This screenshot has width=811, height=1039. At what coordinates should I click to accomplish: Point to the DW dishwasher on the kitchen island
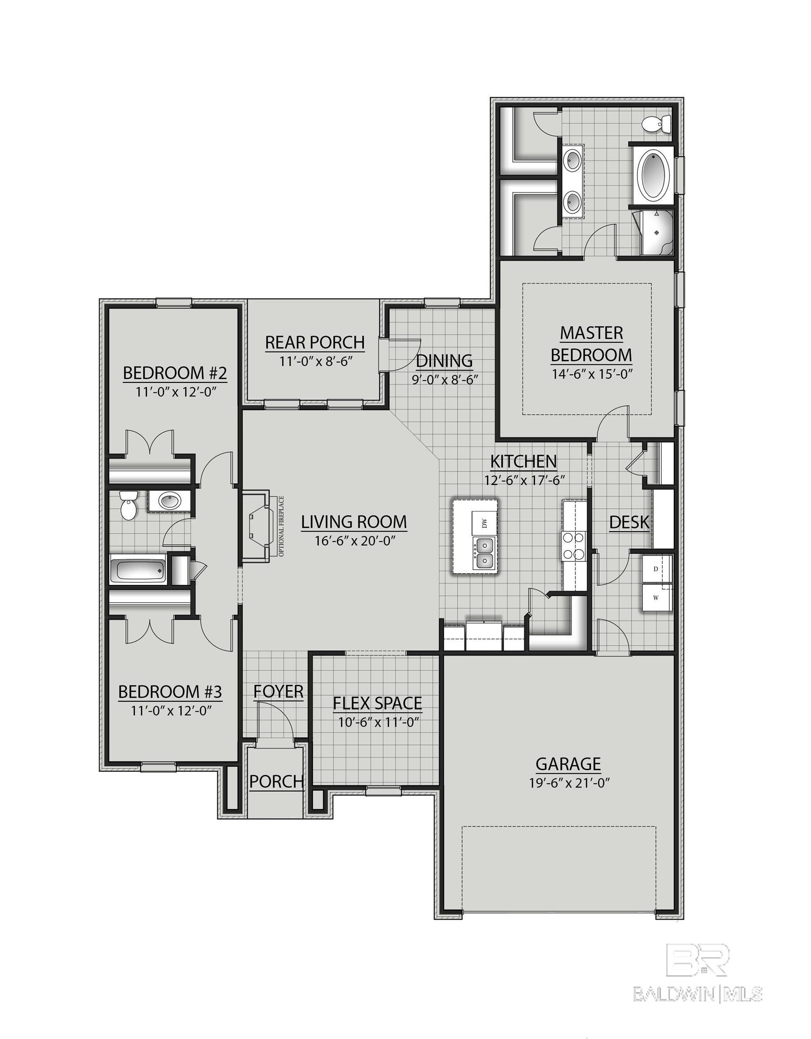485,524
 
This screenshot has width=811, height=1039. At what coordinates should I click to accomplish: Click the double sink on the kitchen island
484,553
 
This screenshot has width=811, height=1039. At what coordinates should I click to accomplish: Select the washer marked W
656,598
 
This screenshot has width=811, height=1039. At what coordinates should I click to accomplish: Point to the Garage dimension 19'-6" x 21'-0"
569,783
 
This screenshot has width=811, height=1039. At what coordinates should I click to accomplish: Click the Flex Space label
377,703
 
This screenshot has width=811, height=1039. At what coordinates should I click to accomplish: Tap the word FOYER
278,692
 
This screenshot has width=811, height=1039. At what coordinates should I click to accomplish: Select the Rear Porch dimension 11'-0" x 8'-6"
315,362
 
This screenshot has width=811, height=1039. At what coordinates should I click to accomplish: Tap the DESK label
629,522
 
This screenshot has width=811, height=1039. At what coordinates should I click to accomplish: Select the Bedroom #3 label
170,691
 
